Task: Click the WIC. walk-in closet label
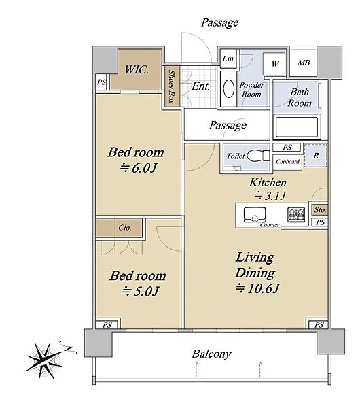137,69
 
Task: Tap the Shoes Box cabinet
172,86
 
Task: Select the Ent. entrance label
200,86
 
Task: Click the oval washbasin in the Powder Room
229,88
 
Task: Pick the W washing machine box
274,64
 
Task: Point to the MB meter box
304,63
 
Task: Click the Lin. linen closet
229,58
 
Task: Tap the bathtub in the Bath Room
297,127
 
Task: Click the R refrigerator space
316,156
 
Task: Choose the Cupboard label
287,162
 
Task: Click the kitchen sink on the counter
255,214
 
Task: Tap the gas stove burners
296,215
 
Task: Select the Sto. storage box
320,209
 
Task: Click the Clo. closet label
125,228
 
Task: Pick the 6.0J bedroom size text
139,168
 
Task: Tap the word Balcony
211,354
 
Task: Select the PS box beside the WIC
101,82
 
